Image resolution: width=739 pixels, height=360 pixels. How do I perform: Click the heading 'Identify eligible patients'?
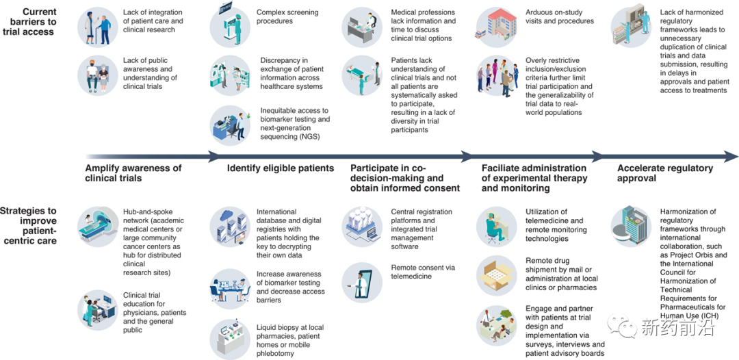coord(281,168)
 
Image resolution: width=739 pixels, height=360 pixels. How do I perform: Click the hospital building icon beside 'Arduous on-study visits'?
coord(496,25)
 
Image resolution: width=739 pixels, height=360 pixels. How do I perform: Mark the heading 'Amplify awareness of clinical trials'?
coord(133,173)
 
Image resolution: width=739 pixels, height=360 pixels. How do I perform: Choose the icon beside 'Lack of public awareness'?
coord(98,75)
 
